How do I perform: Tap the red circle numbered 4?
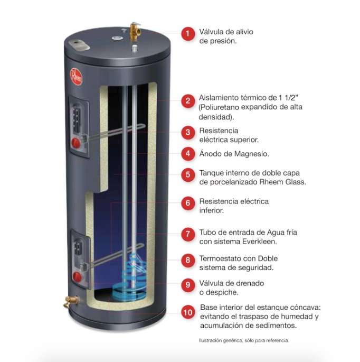(x=187, y=154)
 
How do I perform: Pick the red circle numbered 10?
(x=187, y=312)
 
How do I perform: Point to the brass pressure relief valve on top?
(x=134, y=31)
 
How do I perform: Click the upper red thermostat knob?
(x=76, y=142)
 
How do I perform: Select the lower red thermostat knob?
(x=76, y=276)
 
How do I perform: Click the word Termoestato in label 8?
(x=221, y=258)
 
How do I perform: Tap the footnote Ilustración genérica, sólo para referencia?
(x=244, y=341)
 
